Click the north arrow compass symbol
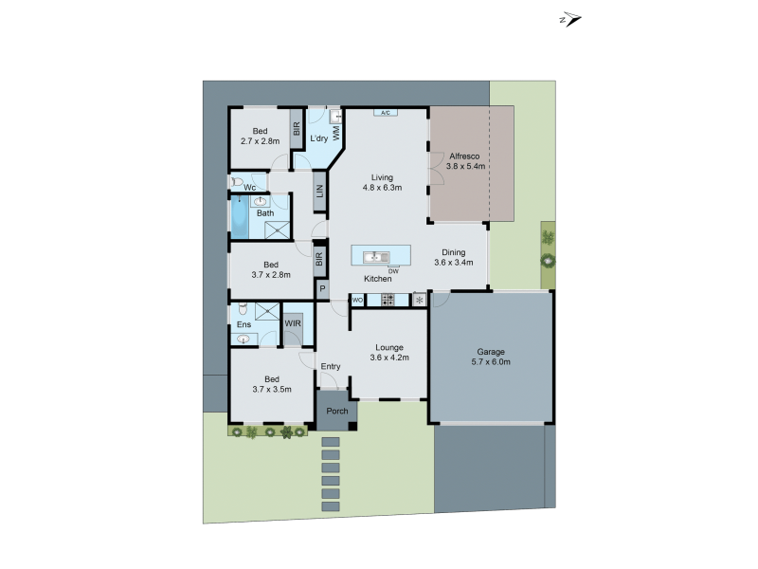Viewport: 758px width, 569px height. pyautogui.click(x=570, y=19)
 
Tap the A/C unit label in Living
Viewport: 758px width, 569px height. pyautogui.click(x=385, y=114)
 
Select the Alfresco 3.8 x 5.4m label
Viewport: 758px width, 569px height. pyautogui.click(x=467, y=160)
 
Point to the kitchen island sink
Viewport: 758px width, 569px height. pyautogui.click(x=376, y=256)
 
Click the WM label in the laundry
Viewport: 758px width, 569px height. pyautogui.click(x=336, y=134)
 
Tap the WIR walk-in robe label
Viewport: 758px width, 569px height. pyautogui.click(x=293, y=323)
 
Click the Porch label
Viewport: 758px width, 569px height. pyautogui.click(x=337, y=411)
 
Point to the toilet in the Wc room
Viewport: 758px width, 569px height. pyautogui.click(x=238, y=180)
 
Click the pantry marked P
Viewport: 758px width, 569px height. pyautogui.click(x=322, y=289)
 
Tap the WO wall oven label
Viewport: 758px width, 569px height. pyautogui.click(x=358, y=300)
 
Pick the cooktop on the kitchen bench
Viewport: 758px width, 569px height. pyautogui.click(x=387, y=300)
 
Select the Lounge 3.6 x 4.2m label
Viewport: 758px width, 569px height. pyautogui.click(x=388, y=353)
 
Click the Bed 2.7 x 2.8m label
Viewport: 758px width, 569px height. pyautogui.click(x=260, y=136)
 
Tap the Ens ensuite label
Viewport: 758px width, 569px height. pyautogui.click(x=244, y=324)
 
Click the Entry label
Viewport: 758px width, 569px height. pyautogui.click(x=331, y=366)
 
